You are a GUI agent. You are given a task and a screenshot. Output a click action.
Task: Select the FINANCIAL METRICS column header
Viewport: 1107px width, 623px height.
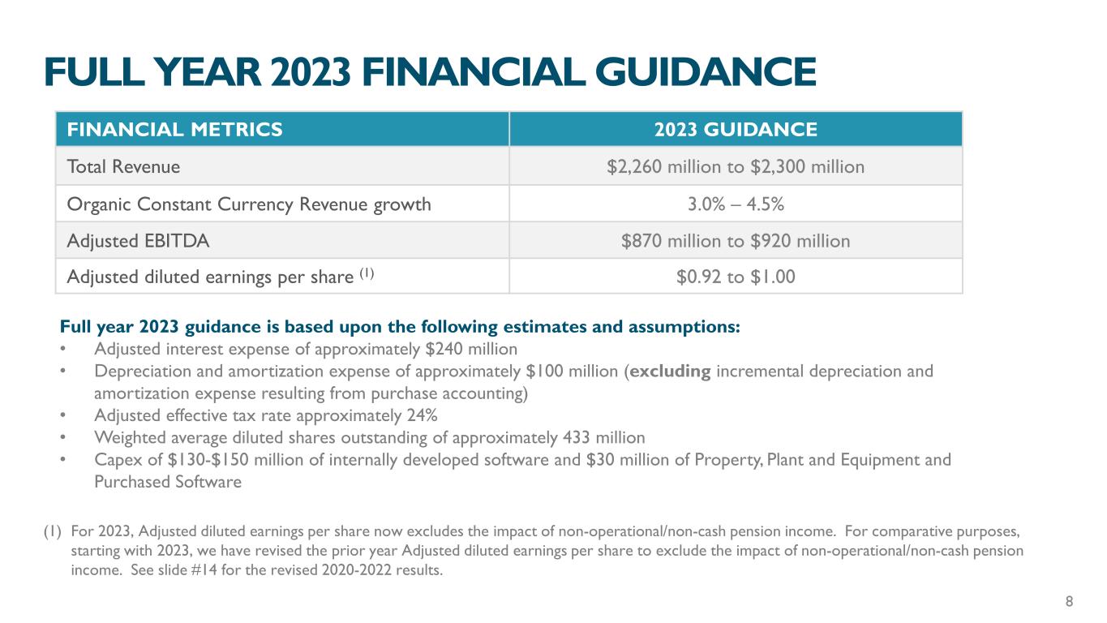(174, 129)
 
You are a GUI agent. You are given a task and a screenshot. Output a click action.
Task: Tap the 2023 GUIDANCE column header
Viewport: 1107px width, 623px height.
(735, 129)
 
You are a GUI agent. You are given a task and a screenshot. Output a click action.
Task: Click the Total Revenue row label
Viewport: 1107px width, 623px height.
(123, 167)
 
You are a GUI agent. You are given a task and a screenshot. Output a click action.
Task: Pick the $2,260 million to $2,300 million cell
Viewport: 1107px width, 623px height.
(735, 167)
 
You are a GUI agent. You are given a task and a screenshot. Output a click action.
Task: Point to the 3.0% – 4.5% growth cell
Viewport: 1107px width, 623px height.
(735, 204)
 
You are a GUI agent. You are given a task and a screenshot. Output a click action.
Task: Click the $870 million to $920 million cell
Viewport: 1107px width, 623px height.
(735, 241)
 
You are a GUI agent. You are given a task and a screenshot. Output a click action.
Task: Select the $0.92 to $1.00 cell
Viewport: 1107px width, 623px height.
(735, 277)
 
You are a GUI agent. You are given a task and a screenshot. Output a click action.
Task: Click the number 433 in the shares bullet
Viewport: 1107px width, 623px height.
(577, 438)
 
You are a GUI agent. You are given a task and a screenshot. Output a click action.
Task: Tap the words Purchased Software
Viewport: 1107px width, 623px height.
(168, 482)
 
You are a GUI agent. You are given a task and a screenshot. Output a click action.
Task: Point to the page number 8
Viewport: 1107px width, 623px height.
(1069, 601)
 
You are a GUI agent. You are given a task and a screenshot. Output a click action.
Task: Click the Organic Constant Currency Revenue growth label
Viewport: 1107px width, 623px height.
(248, 204)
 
